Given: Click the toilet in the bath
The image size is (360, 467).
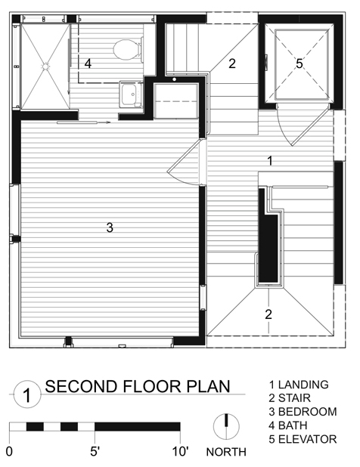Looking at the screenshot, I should [x=126, y=51].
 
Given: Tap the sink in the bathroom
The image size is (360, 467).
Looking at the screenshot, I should [x=129, y=95].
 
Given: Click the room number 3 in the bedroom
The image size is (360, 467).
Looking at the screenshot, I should [x=110, y=227].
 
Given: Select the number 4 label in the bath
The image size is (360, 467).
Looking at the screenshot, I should [x=88, y=63].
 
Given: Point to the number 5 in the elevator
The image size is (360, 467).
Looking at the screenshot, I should [x=299, y=64].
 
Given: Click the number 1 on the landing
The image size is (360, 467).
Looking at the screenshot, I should [x=269, y=160].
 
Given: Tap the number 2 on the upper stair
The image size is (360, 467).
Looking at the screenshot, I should [x=232, y=63].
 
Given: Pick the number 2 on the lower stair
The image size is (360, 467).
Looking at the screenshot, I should [x=268, y=314].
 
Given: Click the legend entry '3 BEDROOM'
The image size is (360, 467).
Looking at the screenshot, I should [x=302, y=412].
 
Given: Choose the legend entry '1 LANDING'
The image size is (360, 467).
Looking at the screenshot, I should [x=299, y=385].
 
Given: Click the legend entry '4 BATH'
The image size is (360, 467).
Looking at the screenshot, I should [x=291, y=425].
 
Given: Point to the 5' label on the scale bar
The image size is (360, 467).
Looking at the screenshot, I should [x=95, y=453].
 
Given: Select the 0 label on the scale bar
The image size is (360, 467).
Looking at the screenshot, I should [x=10, y=453].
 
